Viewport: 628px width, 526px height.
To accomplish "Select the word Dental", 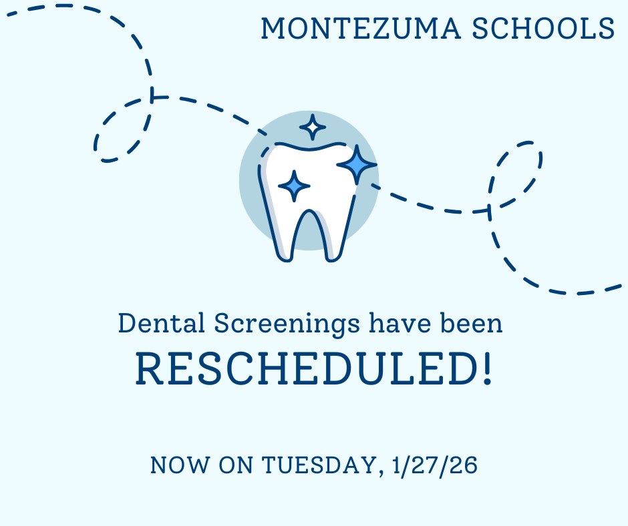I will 162,324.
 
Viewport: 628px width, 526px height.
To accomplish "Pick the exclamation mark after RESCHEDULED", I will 487,370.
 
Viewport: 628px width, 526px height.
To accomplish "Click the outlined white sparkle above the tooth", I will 312,127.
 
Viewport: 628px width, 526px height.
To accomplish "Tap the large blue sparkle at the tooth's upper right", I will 357,164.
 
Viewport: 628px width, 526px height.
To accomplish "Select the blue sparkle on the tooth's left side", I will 294,186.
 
